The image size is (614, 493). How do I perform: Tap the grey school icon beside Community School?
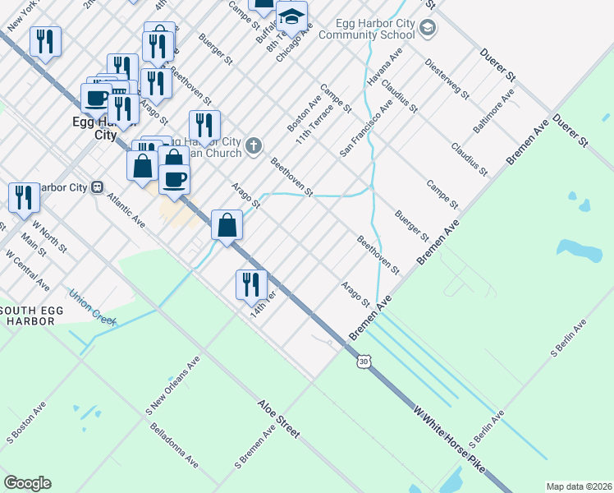coord(427,29)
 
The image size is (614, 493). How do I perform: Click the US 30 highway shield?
coord(363,361)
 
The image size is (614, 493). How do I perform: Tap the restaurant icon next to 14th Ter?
coord(251,284)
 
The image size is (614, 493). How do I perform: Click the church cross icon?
coord(254,146)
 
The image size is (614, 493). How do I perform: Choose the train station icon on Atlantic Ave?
coord(97,187)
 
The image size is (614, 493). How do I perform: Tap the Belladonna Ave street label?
coord(173,445)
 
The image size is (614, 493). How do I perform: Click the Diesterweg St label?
coord(447,79)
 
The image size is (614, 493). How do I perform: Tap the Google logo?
coord(27,483)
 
